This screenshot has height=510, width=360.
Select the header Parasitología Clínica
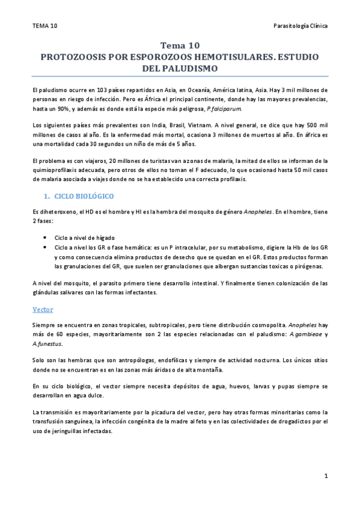[x=300, y=26]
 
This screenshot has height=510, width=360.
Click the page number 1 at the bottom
[x=325, y=476]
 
